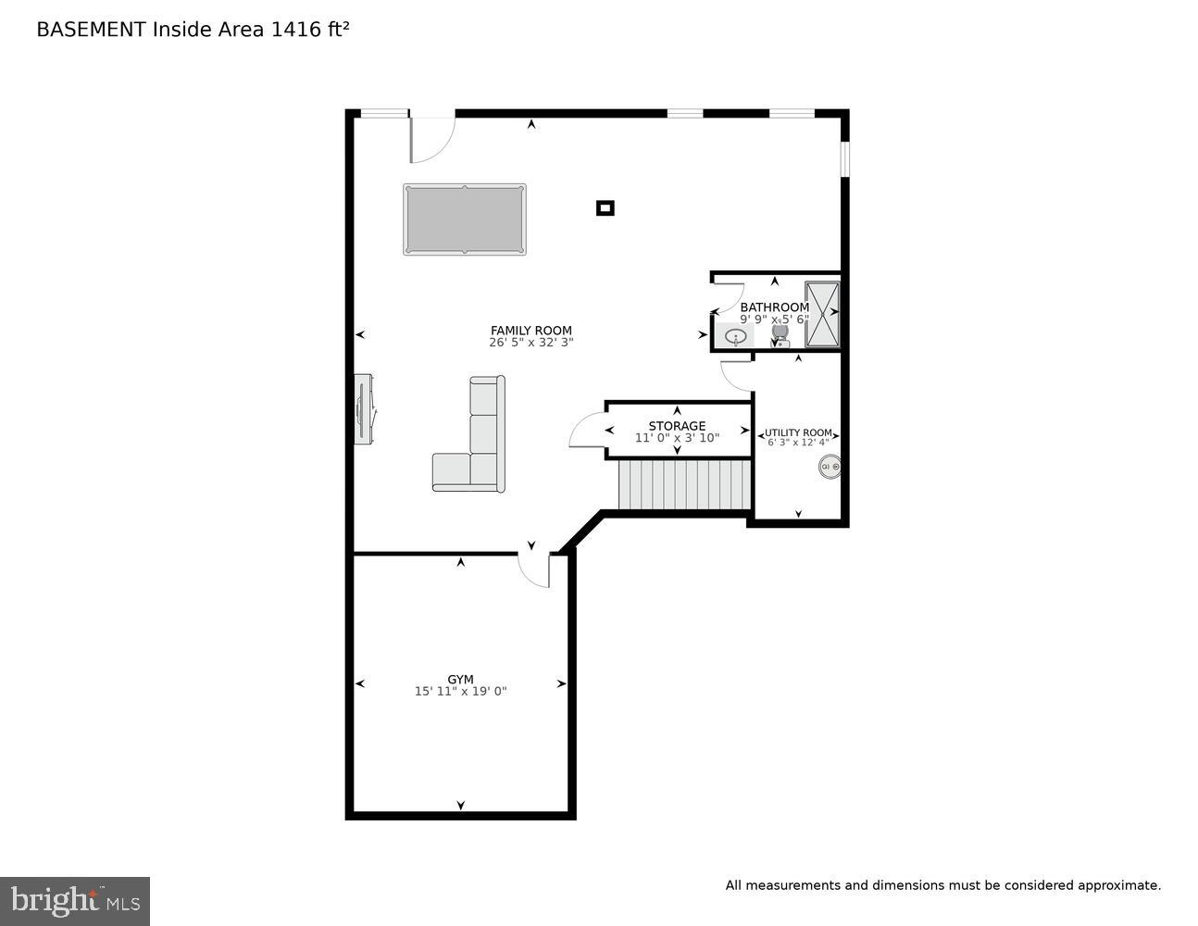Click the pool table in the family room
tap(465, 219)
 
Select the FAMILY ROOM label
tap(530, 331)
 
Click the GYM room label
tap(460, 680)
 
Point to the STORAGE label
tap(677, 426)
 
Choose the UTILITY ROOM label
tap(798, 432)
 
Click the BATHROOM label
tap(774, 307)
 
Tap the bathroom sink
tap(736, 336)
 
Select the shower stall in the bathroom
tap(821, 314)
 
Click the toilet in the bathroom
tap(780, 331)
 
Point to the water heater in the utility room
tap(830, 467)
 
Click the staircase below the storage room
tap(684, 484)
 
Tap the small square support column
tap(605, 208)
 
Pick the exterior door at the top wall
tap(431, 136)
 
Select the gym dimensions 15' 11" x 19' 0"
tap(460, 692)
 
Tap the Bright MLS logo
tap(75, 900)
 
